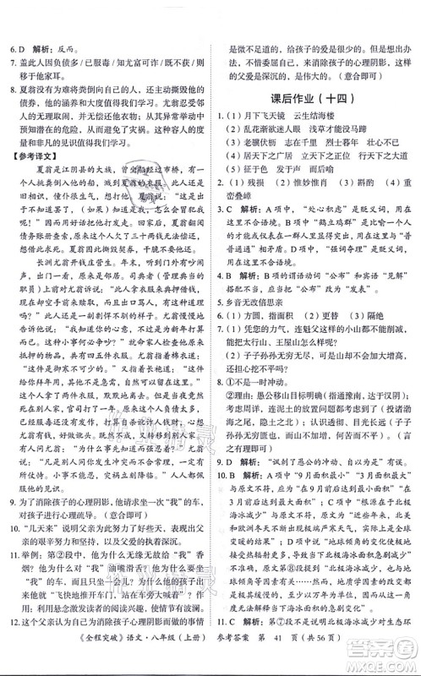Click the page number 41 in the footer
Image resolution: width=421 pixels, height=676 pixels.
285,657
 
